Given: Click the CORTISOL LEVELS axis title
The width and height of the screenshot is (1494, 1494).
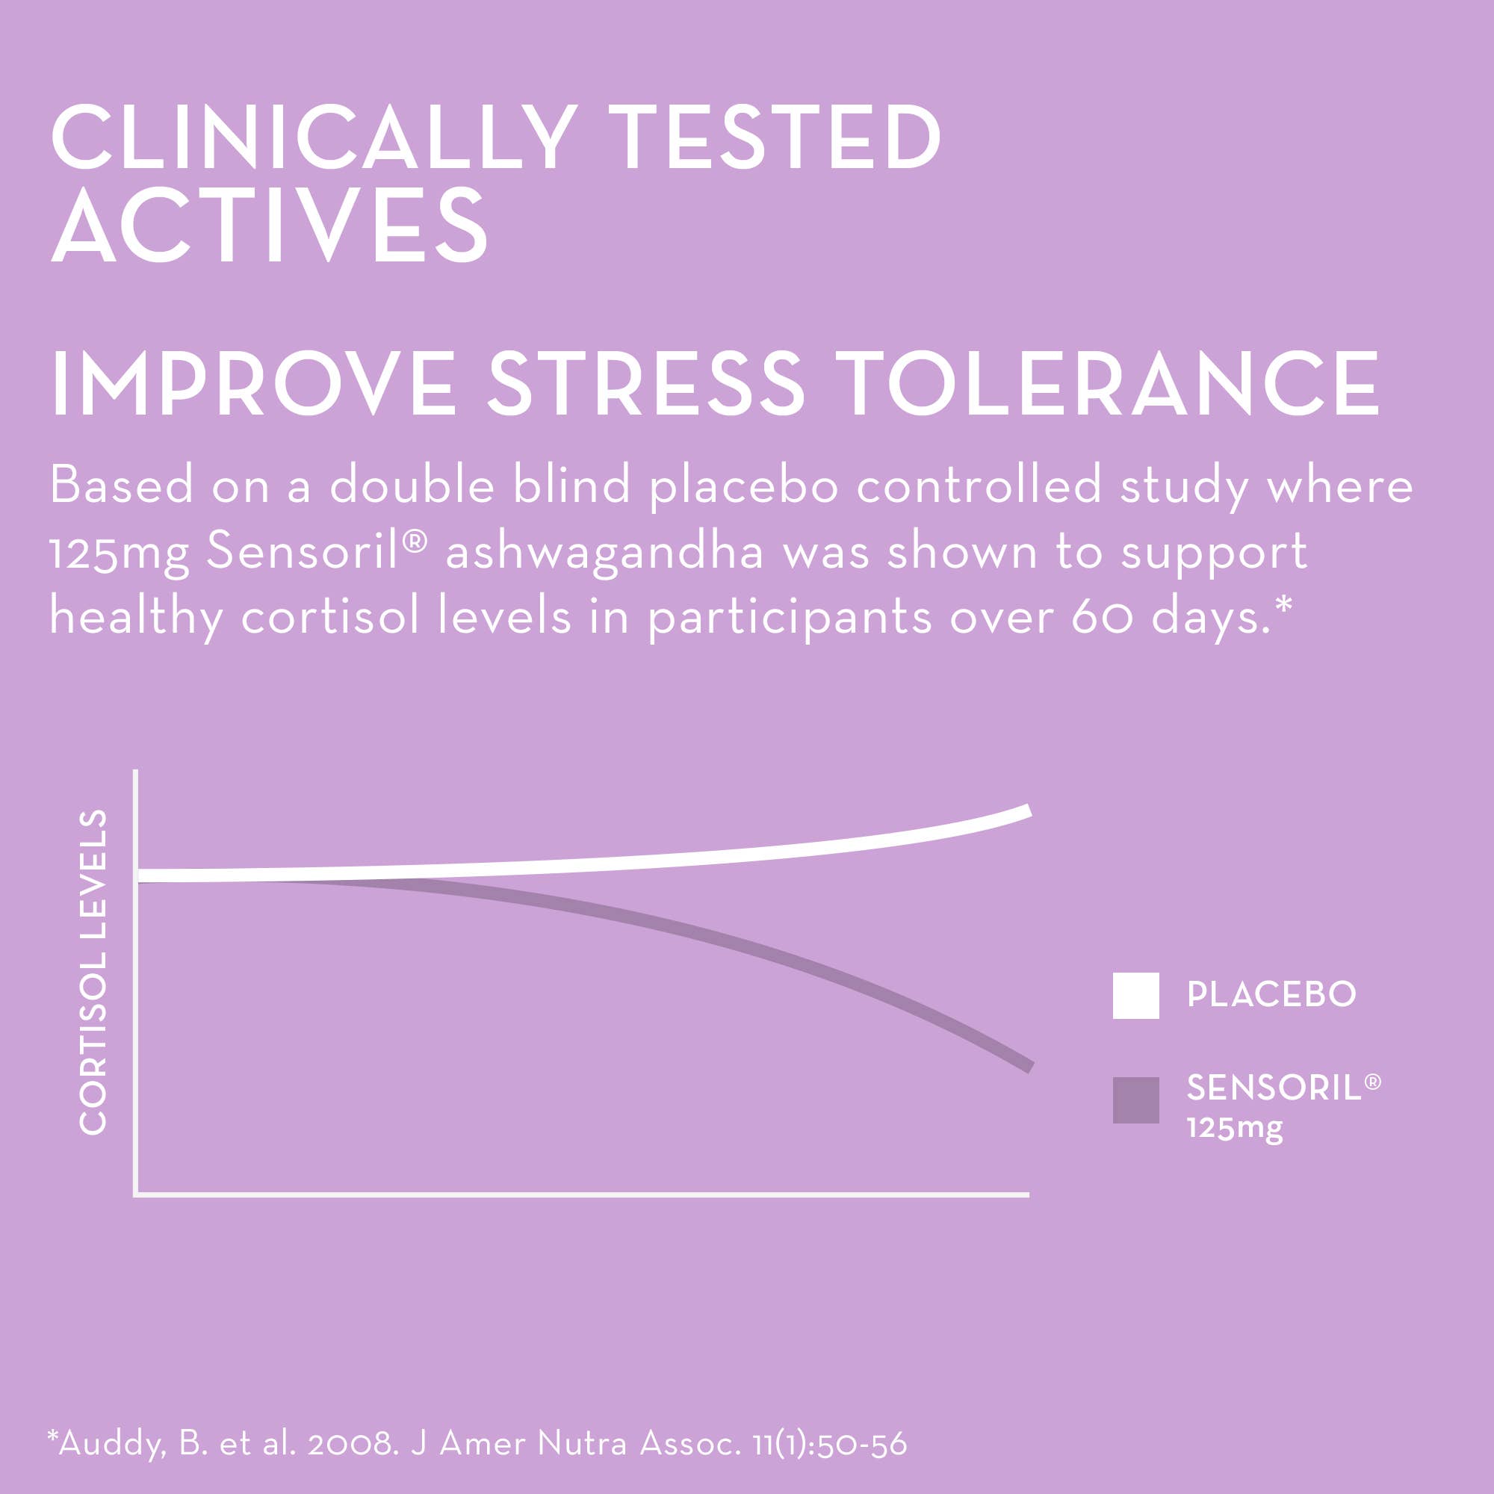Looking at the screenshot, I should click(x=93, y=972).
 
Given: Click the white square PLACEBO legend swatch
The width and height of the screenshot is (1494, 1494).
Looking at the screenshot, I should click(x=1135, y=995).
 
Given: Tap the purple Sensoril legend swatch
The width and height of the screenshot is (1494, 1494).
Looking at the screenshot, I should click(x=1135, y=1100).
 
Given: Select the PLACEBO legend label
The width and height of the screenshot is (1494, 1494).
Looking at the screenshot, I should click(x=1271, y=994).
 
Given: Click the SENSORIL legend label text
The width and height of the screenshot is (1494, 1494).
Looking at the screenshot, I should click(x=1274, y=1089).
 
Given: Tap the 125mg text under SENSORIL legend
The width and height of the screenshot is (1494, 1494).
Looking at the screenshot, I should click(x=1234, y=1127).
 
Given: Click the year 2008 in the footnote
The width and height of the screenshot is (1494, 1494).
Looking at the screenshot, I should click(x=353, y=1444).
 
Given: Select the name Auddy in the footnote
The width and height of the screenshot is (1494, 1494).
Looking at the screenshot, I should click(x=112, y=1444).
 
